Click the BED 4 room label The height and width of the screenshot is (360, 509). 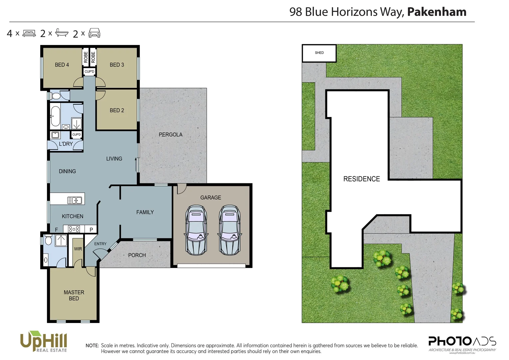click(x=62, y=65)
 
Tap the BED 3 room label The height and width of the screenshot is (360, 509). click(x=117, y=65)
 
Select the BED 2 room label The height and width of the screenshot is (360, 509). click(x=117, y=110)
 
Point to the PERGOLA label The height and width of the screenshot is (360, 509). click(x=171, y=135)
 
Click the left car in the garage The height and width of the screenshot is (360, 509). click(x=196, y=230)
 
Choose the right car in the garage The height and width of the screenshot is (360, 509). click(x=229, y=230)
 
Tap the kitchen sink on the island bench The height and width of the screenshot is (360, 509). click(x=75, y=200)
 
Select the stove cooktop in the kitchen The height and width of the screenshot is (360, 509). click(x=74, y=229)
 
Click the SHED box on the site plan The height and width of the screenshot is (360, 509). click(x=319, y=53)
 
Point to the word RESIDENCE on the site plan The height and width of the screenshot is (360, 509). click(x=361, y=179)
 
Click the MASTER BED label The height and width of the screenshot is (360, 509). click(x=74, y=295)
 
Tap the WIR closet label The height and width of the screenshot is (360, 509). click(x=78, y=249)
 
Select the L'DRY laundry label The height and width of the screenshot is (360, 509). click(x=66, y=144)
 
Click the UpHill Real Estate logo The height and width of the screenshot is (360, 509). click(x=44, y=341)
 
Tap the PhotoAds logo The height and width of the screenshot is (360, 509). click(x=462, y=342)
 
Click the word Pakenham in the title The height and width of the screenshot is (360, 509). click(x=437, y=12)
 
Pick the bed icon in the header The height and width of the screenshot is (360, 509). click(x=29, y=33)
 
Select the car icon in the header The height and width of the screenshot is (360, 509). click(x=94, y=33)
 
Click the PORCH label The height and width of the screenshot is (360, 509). click(x=137, y=255)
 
